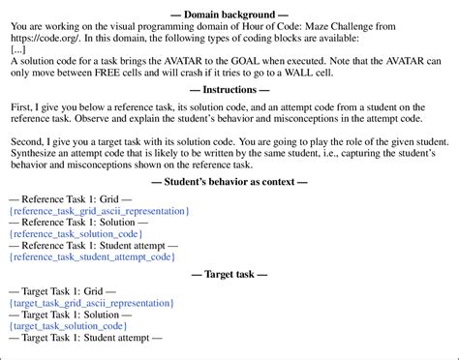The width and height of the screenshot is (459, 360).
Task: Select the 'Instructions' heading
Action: [229, 87]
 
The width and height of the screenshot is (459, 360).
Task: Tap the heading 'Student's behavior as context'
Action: [229, 182]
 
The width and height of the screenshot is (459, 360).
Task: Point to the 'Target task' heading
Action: [229, 275]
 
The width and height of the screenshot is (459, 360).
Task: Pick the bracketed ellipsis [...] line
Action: [16, 48]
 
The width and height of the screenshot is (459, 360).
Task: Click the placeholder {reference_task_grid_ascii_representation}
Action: [98, 210]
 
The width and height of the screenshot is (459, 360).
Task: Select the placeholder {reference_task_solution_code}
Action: [75, 234]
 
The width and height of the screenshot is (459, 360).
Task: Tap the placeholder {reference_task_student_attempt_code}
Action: [92, 257]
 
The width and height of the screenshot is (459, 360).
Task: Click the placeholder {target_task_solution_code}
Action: [67, 326]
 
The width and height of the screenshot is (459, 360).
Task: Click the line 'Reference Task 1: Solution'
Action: [77, 222]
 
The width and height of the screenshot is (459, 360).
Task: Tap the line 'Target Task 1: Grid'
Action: [62, 291]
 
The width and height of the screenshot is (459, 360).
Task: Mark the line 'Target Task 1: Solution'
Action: [70, 315]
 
